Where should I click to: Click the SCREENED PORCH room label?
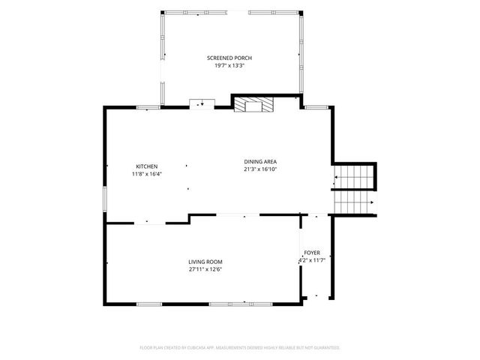pyautogui.click(x=229, y=58)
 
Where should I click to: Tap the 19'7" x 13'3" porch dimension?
pyautogui.click(x=229, y=65)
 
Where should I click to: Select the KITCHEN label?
pyautogui.click(x=147, y=166)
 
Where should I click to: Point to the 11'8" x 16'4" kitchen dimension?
pyautogui.click(x=147, y=174)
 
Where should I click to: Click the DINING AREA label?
pyautogui.click(x=260, y=162)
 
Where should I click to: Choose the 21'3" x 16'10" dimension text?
pyautogui.click(x=260, y=169)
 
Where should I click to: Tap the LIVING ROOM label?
pyautogui.click(x=205, y=262)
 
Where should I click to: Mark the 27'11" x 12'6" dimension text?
pyautogui.click(x=205, y=269)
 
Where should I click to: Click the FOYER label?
pyautogui.click(x=312, y=253)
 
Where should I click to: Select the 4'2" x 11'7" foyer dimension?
pyautogui.click(x=312, y=260)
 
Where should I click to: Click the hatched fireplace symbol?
pyautogui.click(x=253, y=105)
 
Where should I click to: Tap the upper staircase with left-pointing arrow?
pyautogui.click(x=353, y=177)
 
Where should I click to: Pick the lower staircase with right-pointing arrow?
pyautogui.click(x=354, y=202)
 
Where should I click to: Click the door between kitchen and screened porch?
pyautogui.click(x=202, y=104)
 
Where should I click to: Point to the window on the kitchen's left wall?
pyautogui.click(x=105, y=199)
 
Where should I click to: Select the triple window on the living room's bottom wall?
pyautogui.click(x=241, y=304)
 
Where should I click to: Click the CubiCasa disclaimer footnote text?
pyautogui.click(x=240, y=348)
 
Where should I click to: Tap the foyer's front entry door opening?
pyautogui.click(x=317, y=297)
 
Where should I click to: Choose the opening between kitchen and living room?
pyautogui.click(x=150, y=223)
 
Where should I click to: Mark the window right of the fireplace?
pyautogui.click(x=316, y=107)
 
